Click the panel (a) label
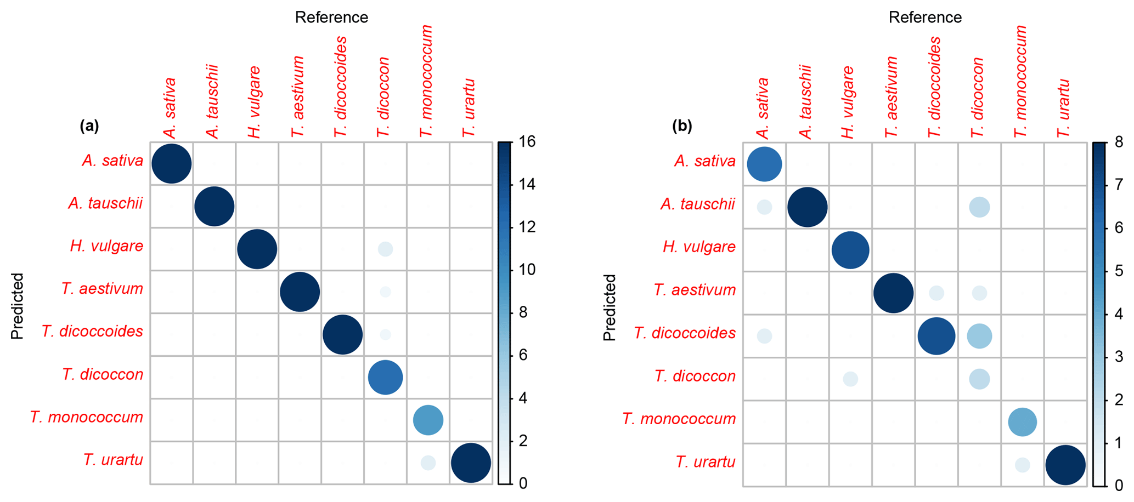(89, 126)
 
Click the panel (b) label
(682, 126)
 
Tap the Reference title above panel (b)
(925, 18)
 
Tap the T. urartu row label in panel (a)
(113, 459)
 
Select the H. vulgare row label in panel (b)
(699, 247)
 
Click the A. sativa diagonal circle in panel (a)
(171, 163)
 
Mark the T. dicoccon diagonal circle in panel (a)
(385, 377)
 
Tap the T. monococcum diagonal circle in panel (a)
(428, 420)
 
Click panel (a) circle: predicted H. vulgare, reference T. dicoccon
(385, 249)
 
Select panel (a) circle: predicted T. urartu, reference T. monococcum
(428, 463)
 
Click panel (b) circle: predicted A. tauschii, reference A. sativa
(764, 207)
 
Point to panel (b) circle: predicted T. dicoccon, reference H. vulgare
(850, 379)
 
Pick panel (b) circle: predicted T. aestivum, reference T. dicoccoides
(936, 293)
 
